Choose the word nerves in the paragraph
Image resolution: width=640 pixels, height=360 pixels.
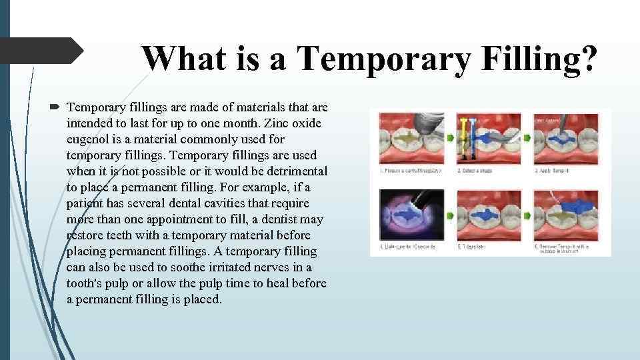pyautogui.click(x=267, y=267)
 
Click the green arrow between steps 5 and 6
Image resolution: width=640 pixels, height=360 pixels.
pyautogui.click(x=527, y=215)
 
